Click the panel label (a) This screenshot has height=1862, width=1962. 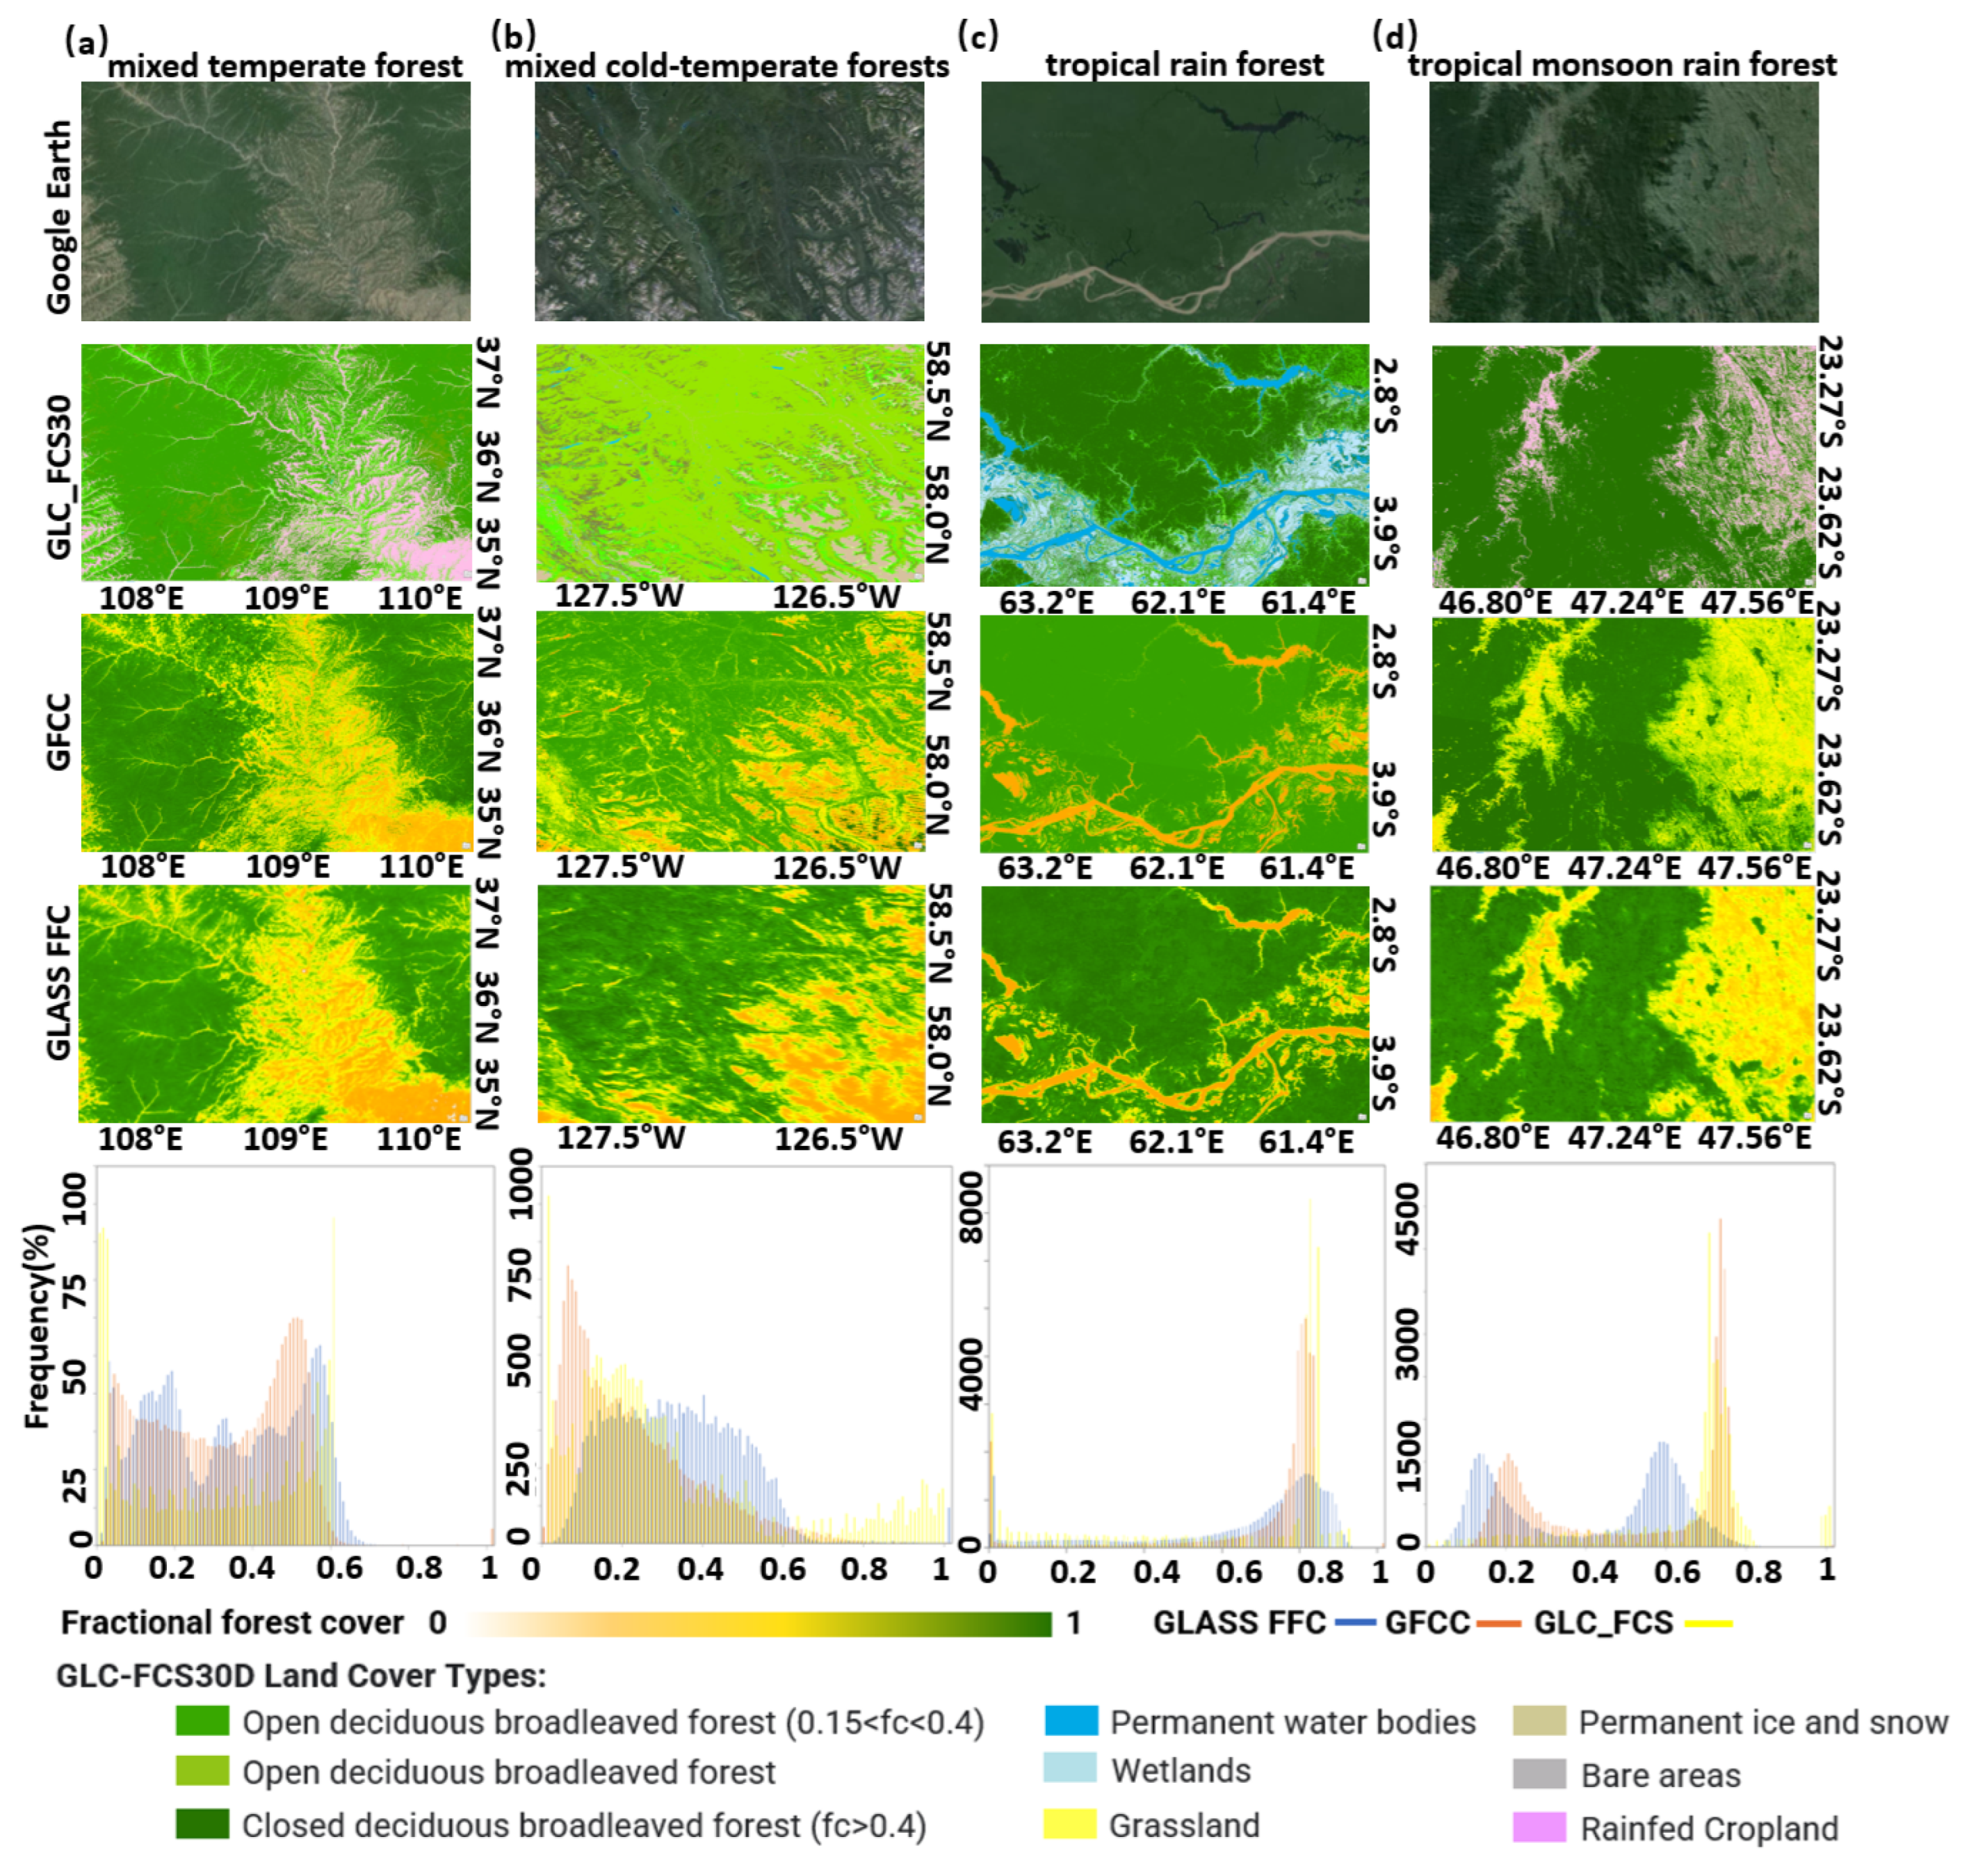pyautogui.click(x=86, y=42)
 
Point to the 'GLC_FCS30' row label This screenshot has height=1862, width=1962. pyautogui.click(x=58, y=476)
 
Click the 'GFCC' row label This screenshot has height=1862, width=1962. pyautogui.click(x=58, y=732)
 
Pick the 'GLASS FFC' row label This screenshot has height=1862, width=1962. pyautogui.click(x=58, y=982)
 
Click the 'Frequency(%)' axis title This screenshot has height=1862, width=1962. pyautogui.click(x=37, y=1326)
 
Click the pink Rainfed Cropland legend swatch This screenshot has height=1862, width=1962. pyautogui.click(x=1538, y=1827)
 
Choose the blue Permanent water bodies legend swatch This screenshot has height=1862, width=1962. pyautogui.click(x=1071, y=1720)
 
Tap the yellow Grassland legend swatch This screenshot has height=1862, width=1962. pyautogui.click(x=1071, y=1824)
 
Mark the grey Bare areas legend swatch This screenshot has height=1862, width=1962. pyautogui.click(x=1538, y=1774)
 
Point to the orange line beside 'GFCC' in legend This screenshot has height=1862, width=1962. pyautogui.click(x=1498, y=1624)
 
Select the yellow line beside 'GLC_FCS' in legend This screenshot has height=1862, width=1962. pyautogui.click(x=1709, y=1624)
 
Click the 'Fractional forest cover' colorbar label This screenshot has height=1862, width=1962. pyautogui.click(x=232, y=1623)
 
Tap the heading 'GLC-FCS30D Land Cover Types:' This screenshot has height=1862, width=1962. pyautogui.click(x=301, y=1676)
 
